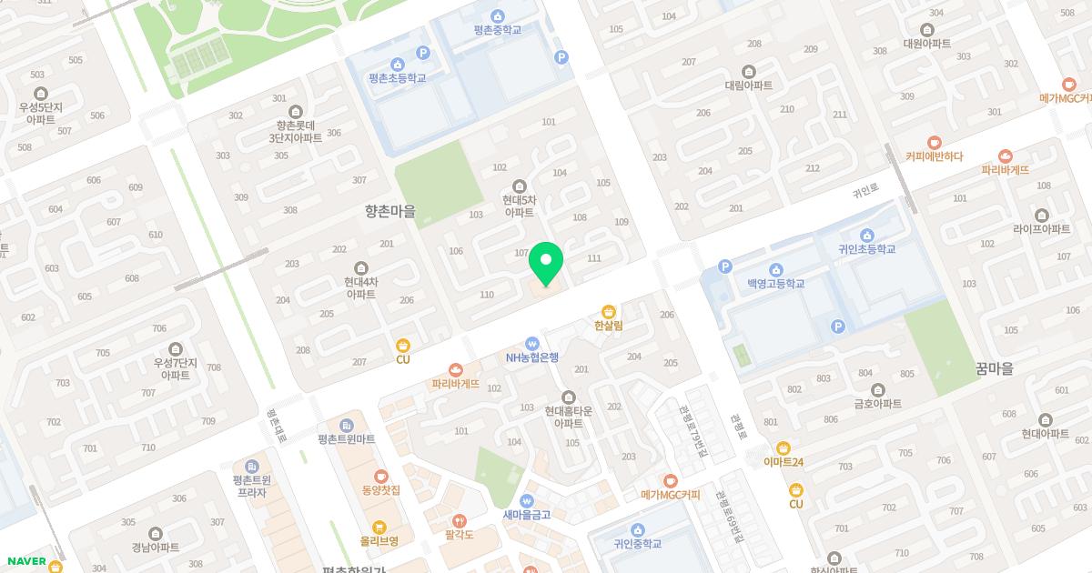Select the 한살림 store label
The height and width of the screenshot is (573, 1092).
pos(608,325)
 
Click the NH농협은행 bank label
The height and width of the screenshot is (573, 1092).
pos(532,357)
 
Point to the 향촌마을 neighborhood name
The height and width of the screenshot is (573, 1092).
pos(389,211)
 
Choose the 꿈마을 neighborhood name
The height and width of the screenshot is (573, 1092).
pos(994,368)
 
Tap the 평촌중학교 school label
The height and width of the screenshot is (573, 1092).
pos(497,29)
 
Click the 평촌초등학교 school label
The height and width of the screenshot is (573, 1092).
pos(398,77)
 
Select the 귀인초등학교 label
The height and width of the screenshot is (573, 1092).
pos(866,248)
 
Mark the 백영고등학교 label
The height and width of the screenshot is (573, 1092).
pos(775,283)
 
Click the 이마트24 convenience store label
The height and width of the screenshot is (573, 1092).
pos(783,461)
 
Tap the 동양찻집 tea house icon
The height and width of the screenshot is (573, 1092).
pos(380,476)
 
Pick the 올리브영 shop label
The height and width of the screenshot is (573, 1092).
pos(379,540)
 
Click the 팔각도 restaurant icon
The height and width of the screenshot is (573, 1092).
pos(459,521)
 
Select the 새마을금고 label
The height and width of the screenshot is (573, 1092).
pos(526,514)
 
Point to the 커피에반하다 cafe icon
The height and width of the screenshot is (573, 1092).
pos(934,143)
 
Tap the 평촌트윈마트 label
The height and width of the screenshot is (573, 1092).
pos(346,438)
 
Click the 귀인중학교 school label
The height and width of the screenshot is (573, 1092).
pos(637,543)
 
